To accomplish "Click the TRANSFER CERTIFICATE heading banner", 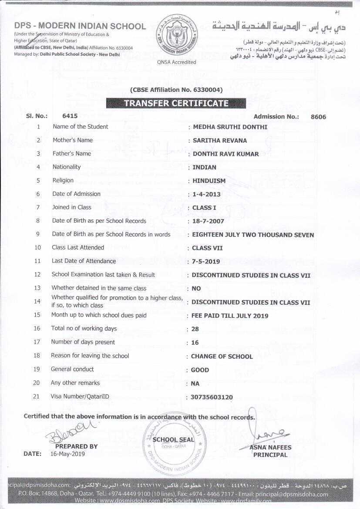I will click(x=176, y=103).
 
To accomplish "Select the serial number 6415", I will click(x=70, y=116).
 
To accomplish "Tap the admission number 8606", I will click(x=318, y=117).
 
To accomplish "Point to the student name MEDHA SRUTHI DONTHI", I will click(x=230, y=127).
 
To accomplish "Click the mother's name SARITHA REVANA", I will click(x=220, y=140).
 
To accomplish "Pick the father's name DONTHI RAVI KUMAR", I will click(x=225, y=154).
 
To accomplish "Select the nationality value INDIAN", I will click(x=205, y=167).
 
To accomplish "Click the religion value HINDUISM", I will click(x=209, y=181).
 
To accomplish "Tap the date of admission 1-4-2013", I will click(x=206, y=194).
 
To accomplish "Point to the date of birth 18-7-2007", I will click(x=208, y=221).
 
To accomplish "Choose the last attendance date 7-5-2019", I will click(x=206, y=262).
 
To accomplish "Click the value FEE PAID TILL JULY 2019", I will click(x=230, y=316).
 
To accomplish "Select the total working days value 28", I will click(x=195, y=329).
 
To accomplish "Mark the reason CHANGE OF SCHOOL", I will click(x=222, y=356).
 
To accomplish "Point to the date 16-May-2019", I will click(x=67, y=454).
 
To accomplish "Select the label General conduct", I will click(x=72, y=369).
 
